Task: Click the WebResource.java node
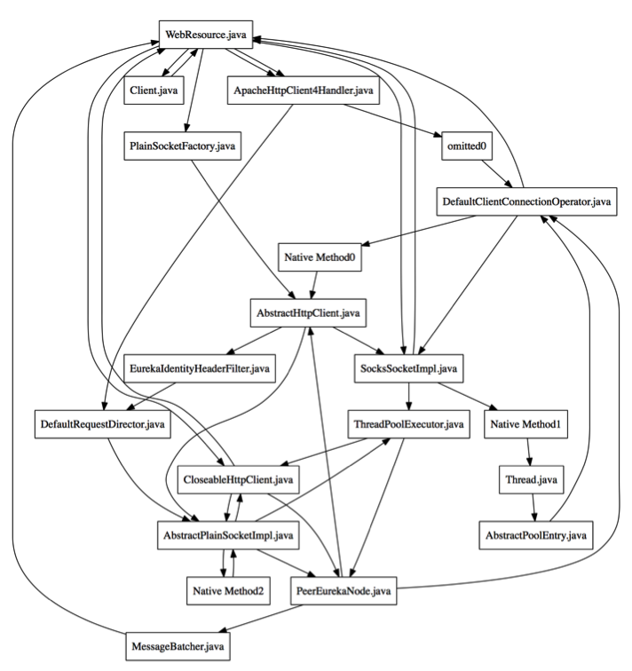pyautogui.click(x=204, y=36)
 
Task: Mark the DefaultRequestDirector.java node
pyautogui.click(x=100, y=423)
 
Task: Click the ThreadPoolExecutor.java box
pyautogui.click(x=406, y=423)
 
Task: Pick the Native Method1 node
pyautogui.click(x=527, y=423)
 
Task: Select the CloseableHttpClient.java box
pyautogui.click(x=239, y=479)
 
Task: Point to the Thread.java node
pyautogui.click(x=530, y=479)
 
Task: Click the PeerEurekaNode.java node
pyautogui.click(x=344, y=589)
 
